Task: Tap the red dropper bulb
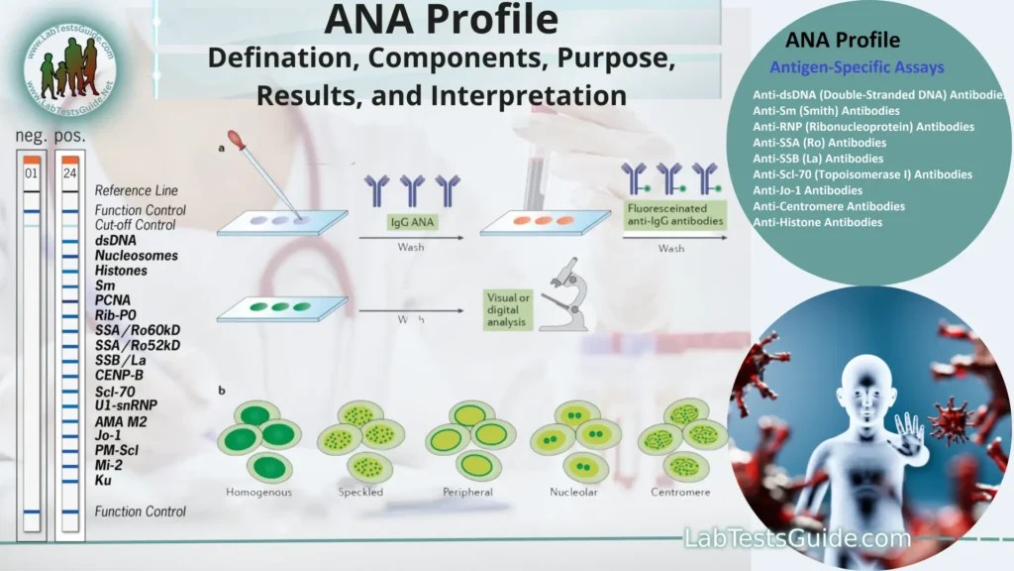point(236,140)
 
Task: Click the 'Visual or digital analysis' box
point(507,309)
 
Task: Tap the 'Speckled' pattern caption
point(360,492)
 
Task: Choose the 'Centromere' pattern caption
point(679,492)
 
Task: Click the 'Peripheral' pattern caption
point(465,492)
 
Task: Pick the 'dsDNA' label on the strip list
point(116,240)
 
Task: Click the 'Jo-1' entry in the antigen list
point(108,435)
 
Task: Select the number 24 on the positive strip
point(69,173)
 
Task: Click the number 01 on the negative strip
point(31,173)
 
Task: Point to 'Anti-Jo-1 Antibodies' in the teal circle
point(807,189)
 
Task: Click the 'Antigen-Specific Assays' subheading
point(857,68)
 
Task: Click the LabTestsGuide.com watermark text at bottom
point(797,538)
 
